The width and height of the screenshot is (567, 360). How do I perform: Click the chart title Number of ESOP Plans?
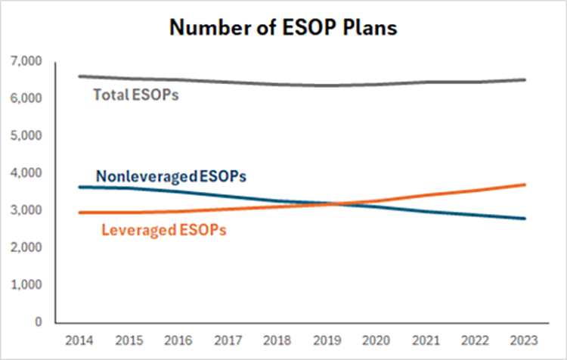[283, 27]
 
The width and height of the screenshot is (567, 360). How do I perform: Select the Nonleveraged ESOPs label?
[170, 176]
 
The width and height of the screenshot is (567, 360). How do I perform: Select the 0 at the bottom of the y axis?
[38, 322]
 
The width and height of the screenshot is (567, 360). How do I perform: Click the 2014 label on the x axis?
[79, 340]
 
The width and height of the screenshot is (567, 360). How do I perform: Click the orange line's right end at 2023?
[525, 185]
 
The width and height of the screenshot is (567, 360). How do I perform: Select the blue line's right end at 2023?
[525, 219]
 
